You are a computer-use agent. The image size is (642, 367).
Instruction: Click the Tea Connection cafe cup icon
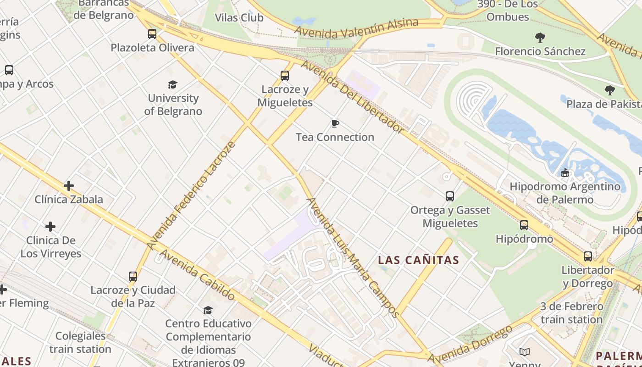click(x=335, y=123)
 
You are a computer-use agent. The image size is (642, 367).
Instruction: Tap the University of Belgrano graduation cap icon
click(x=172, y=84)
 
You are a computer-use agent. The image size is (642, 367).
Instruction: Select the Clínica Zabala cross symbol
click(x=69, y=186)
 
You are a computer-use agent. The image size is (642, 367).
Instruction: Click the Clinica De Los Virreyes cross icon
click(x=50, y=227)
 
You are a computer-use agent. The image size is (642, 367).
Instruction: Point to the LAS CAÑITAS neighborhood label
click(x=418, y=260)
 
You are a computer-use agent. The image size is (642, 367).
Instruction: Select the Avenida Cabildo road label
click(x=197, y=275)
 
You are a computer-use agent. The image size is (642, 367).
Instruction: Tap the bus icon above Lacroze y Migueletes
click(x=285, y=76)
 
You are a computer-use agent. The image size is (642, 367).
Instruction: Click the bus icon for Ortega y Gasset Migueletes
click(x=450, y=196)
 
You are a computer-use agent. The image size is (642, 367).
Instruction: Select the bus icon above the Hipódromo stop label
click(x=524, y=225)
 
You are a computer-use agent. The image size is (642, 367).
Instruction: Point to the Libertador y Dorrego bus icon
click(x=588, y=256)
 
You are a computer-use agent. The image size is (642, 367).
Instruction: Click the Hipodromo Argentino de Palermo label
click(x=565, y=193)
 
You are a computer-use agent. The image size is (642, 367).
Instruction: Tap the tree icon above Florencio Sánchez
click(x=540, y=38)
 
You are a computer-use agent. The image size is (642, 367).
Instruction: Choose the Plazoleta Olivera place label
click(x=152, y=48)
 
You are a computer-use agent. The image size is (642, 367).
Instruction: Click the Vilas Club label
click(x=239, y=17)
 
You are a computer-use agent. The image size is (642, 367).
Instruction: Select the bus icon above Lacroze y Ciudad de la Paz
click(x=133, y=277)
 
